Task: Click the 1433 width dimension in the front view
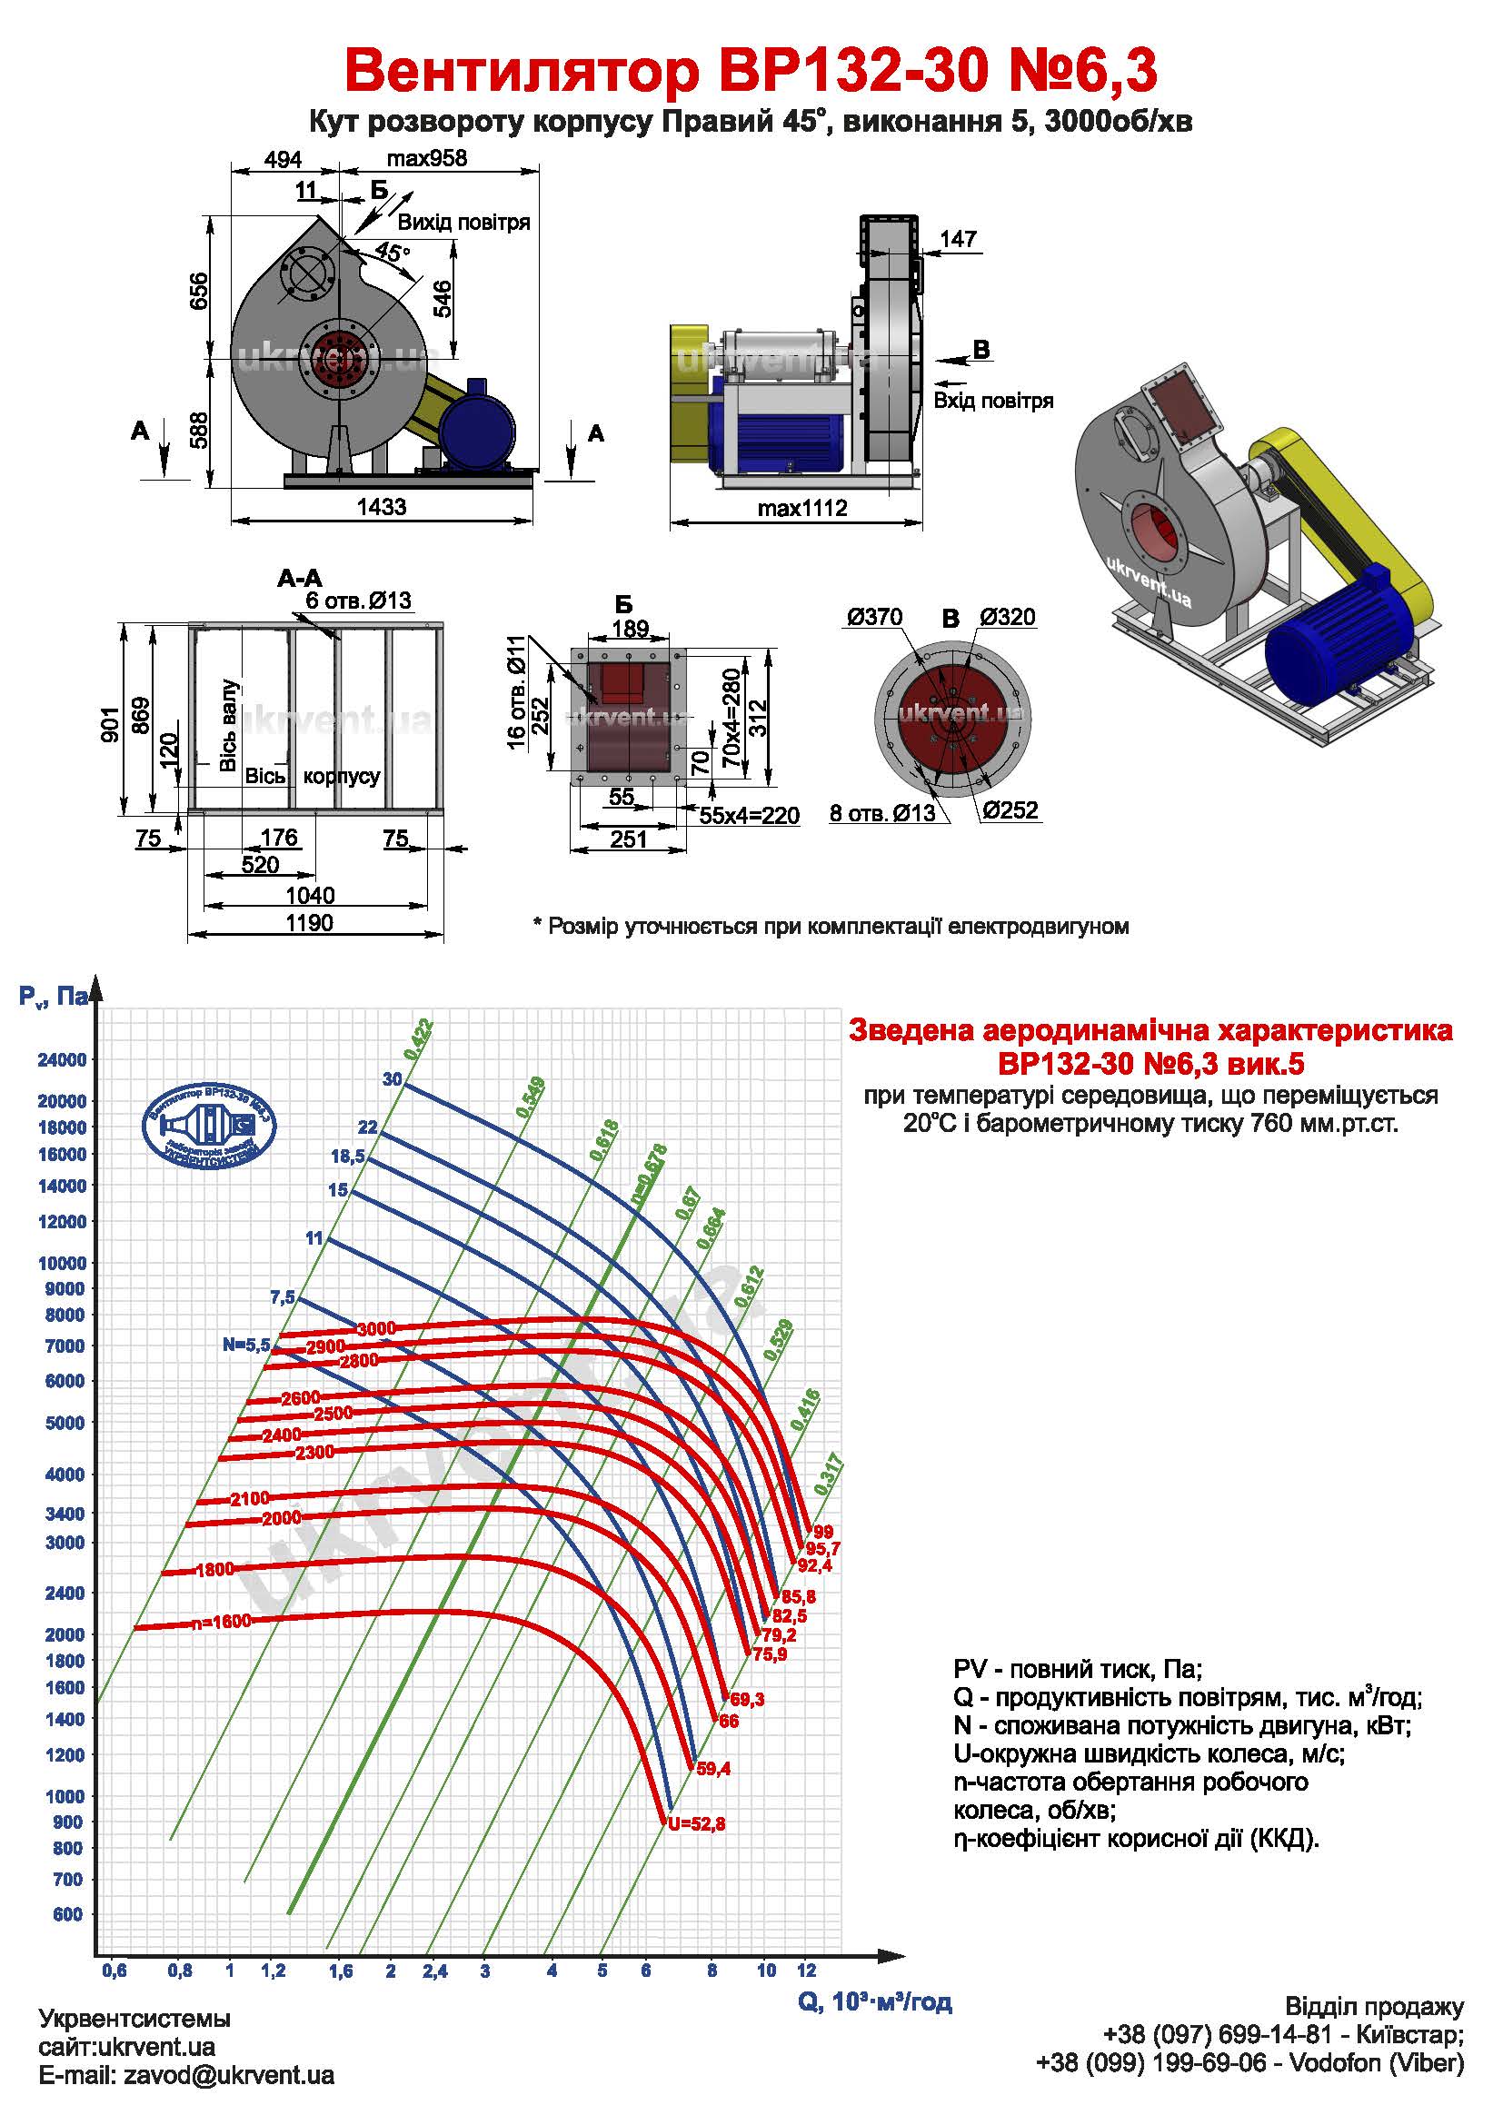[x=382, y=506]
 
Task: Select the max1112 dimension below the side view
[x=801, y=507]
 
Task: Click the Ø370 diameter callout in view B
[x=874, y=617]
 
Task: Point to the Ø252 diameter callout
[x=1010, y=809]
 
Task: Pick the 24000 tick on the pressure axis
[x=62, y=1059]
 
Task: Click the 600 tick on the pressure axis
[x=67, y=1914]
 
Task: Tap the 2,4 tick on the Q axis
[x=435, y=1971]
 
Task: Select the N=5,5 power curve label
[x=245, y=1345]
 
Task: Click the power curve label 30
[x=393, y=1079]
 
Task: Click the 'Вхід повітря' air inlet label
[x=993, y=401]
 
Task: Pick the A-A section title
[x=300, y=579]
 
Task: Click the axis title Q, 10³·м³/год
[x=874, y=2003]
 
